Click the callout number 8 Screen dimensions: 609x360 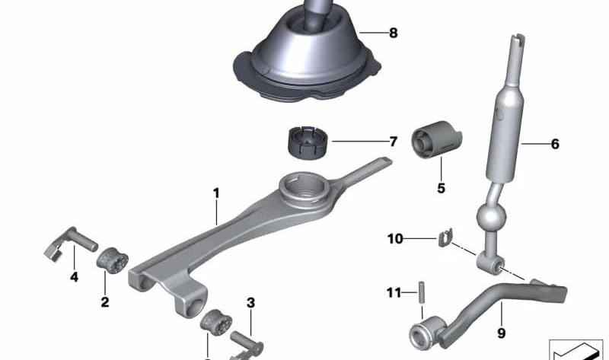point(393,33)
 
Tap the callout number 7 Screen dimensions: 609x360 point(393,142)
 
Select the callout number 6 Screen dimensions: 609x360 point(555,144)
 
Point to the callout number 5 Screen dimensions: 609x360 point(441,188)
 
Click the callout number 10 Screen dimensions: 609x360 point(395,238)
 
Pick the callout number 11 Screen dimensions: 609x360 point(394,292)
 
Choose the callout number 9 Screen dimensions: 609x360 point(502,333)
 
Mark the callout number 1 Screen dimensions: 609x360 point(216,193)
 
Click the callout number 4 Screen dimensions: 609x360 point(74,277)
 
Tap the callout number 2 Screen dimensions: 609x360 point(105,301)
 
